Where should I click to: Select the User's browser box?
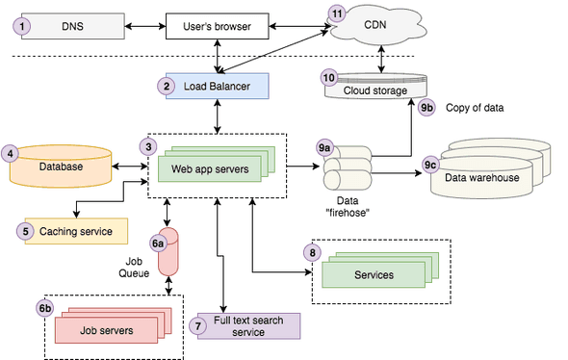[x=218, y=24]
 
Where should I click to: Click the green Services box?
[x=374, y=274]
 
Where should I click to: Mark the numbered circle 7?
[x=199, y=326]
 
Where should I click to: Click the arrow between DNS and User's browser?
[x=145, y=24]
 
